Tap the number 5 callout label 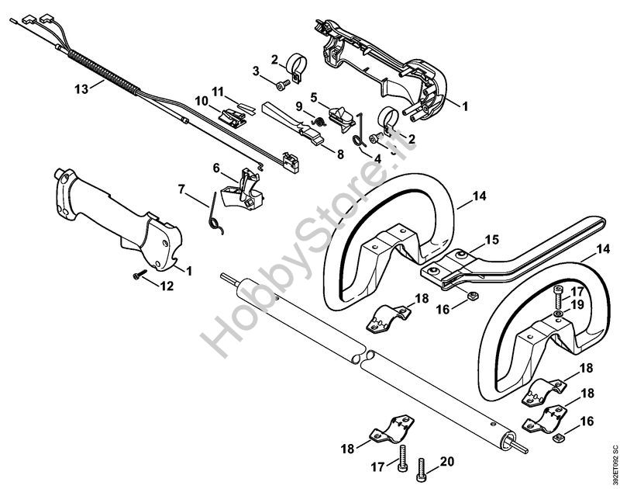(315, 97)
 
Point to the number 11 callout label (218, 92)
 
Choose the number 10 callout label (201, 101)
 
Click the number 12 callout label (167, 286)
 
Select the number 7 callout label (181, 189)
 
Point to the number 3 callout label (257, 71)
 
